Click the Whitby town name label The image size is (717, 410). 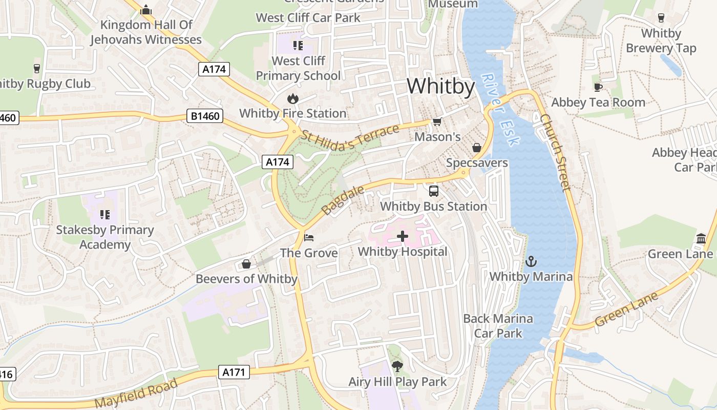click(441, 86)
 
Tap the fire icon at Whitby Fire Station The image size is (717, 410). click(292, 98)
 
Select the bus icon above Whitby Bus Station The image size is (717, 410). click(434, 191)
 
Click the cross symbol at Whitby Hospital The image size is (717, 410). click(403, 236)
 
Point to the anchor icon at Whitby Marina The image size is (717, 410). click(531, 262)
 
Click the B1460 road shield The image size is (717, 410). click(205, 116)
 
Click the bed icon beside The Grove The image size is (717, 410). click(309, 238)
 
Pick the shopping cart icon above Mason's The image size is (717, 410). click(437, 121)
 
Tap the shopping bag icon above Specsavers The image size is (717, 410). click(477, 148)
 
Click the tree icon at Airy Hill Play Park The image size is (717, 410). click(397, 366)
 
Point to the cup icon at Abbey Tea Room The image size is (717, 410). click(598, 87)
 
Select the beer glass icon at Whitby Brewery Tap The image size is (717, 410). click(661, 18)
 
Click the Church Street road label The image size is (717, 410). click(555, 152)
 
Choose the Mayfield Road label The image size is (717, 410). click(136, 394)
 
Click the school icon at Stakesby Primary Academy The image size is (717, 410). click(105, 214)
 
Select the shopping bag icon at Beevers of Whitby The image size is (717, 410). click(246, 264)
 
